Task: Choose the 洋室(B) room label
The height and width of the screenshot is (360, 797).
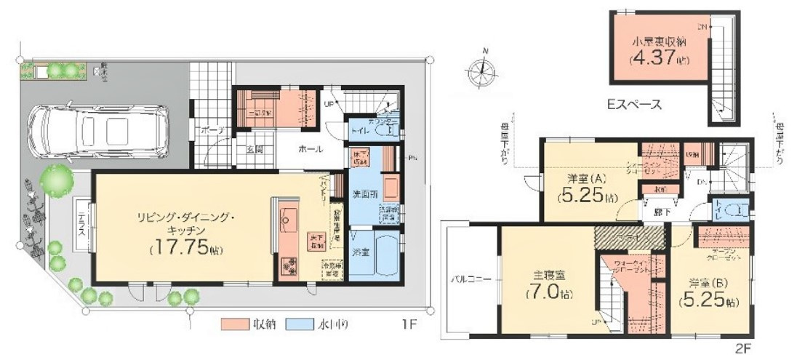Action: (702, 283)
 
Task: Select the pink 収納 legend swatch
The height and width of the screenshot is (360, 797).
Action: (233, 324)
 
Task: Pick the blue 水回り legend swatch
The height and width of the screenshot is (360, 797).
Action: (298, 324)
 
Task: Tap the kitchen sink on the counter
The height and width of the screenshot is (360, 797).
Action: (288, 217)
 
